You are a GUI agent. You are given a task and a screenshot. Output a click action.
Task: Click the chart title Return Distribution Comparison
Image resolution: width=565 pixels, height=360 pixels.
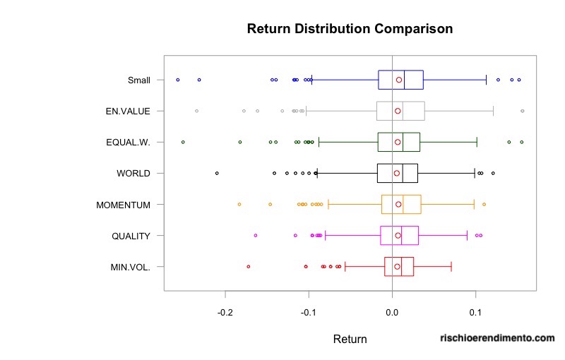350,29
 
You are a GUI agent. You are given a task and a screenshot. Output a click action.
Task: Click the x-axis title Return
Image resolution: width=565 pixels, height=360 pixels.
350,340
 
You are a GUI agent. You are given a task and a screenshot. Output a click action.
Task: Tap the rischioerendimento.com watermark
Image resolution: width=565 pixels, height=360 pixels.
496,339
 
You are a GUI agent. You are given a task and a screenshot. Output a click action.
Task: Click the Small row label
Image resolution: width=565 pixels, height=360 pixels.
138,80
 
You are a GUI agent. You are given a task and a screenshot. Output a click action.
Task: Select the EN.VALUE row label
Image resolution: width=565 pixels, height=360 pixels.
129,111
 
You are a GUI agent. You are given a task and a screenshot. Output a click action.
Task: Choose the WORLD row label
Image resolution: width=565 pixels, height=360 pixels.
133,173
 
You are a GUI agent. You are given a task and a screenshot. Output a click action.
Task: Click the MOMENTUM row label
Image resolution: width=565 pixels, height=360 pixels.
123,205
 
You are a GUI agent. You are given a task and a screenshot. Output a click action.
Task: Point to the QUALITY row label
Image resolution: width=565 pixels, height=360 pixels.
131,236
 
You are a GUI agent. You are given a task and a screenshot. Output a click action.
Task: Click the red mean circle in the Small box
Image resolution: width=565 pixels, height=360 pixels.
399,80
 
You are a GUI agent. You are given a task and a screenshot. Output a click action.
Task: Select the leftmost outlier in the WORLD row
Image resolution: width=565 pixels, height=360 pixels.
217,173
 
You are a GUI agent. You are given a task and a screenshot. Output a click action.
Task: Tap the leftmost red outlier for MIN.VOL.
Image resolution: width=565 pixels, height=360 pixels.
248,266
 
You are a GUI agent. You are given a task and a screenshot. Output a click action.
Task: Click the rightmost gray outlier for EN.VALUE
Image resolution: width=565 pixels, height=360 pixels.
522,111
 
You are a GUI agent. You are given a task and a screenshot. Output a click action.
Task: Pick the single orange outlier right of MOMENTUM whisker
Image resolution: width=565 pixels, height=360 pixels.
484,204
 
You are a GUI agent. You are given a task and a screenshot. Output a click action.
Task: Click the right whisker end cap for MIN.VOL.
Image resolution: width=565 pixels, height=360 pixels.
451,266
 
